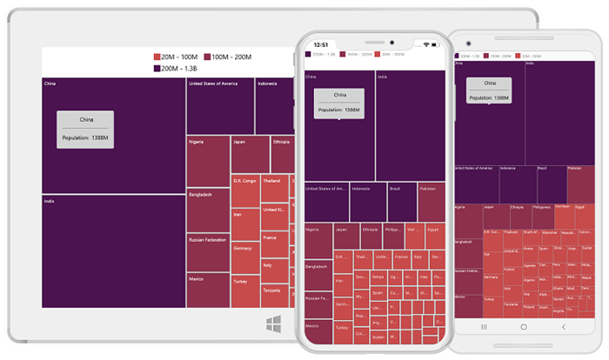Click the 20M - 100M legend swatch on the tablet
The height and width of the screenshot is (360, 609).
click(157, 57)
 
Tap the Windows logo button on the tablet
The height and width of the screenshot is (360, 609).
click(273, 323)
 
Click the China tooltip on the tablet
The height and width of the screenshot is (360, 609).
click(85, 129)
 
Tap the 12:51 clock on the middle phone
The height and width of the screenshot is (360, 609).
click(321, 44)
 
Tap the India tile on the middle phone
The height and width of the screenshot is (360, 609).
click(410, 126)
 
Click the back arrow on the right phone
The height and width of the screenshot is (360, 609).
click(564, 327)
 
